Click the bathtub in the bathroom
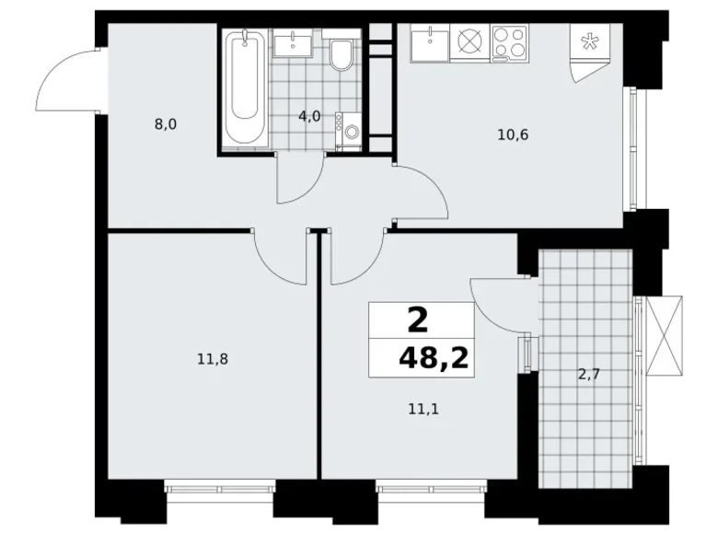(244, 88)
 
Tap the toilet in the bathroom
(342, 54)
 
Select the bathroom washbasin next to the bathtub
(296, 42)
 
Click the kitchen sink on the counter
(430, 42)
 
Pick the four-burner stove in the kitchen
(509, 42)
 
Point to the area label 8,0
(166, 122)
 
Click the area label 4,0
(308, 116)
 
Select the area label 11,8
(212, 359)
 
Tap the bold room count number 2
(416, 321)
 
